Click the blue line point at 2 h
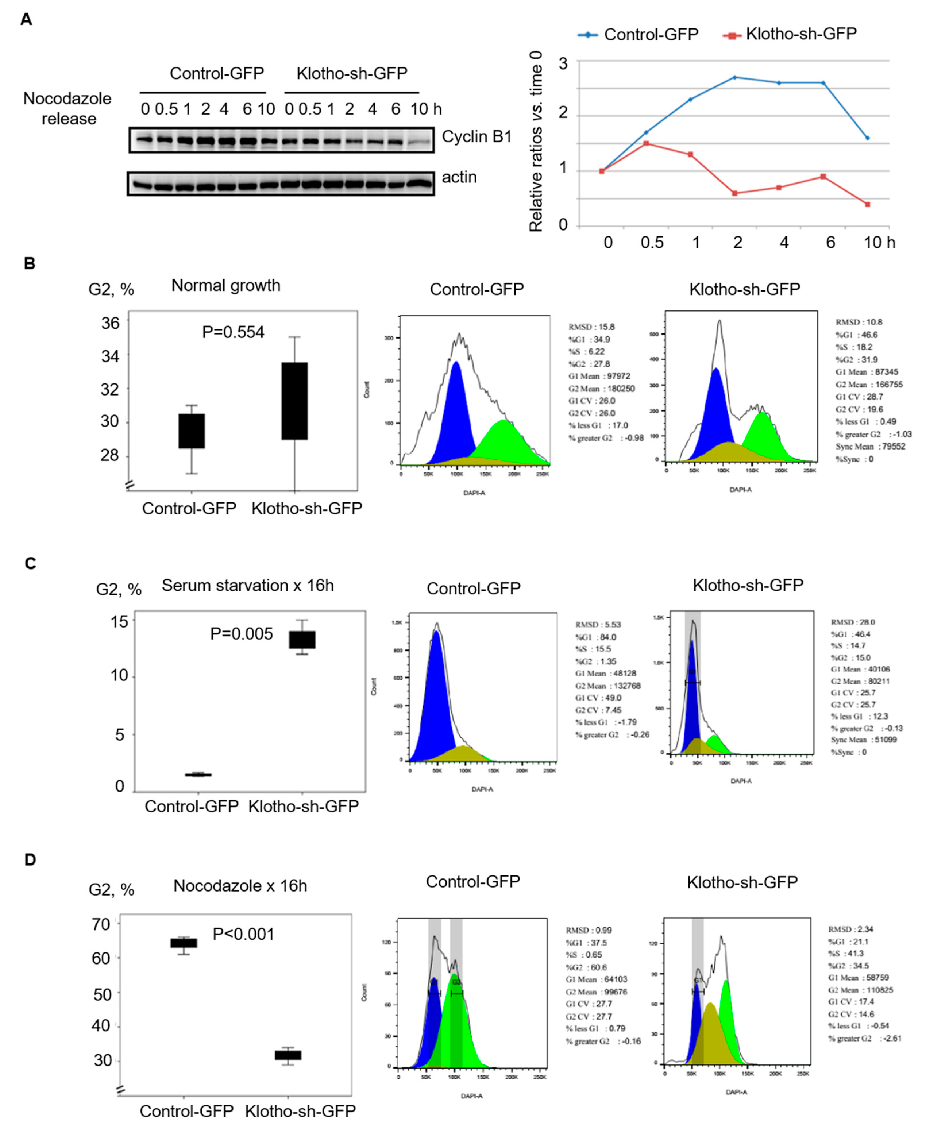735,77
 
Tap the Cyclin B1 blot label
476,137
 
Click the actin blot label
459,177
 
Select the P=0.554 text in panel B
233,332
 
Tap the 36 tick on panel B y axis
110,323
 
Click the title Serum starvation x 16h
248,586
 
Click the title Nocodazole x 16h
240,886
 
